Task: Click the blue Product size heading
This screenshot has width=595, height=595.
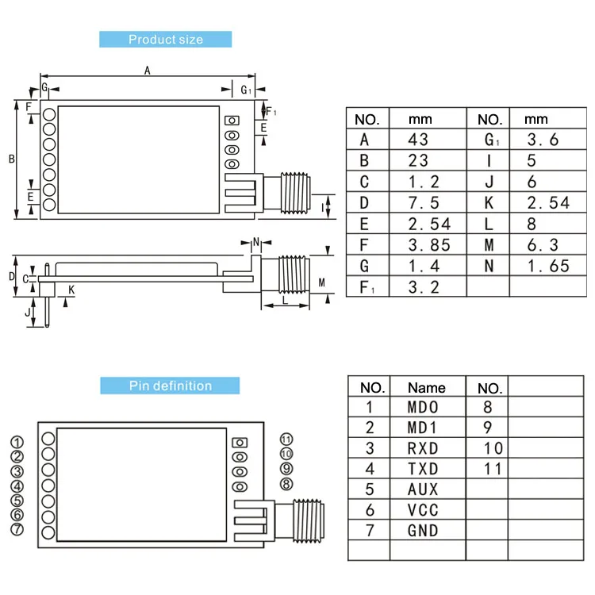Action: click(165, 40)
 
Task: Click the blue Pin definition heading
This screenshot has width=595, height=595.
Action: click(170, 386)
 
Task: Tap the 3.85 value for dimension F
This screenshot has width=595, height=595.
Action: click(428, 245)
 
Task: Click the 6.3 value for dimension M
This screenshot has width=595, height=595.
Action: click(543, 245)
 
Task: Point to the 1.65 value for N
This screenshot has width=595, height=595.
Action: click(548, 266)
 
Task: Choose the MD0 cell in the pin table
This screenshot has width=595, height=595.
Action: click(422, 408)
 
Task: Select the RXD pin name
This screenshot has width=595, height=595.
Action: click(422, 449)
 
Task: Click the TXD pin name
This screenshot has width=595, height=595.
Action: click(422, 469)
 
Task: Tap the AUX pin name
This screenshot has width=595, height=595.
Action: click(422, 489)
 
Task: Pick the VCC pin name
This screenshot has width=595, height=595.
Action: click(422, 510)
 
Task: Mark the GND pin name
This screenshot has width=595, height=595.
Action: click(422, 531)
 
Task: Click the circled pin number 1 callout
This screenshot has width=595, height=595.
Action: click(17, 443)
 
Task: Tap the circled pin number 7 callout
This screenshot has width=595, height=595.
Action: click(17, 529)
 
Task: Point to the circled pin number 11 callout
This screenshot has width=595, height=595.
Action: click(286, 439)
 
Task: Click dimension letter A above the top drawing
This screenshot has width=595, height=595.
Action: click(148, 71)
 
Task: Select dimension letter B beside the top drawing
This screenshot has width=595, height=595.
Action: click(12, 159)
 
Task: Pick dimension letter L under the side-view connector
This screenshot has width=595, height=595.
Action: click(285, 301)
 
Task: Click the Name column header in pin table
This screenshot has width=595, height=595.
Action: click(426, 388)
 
